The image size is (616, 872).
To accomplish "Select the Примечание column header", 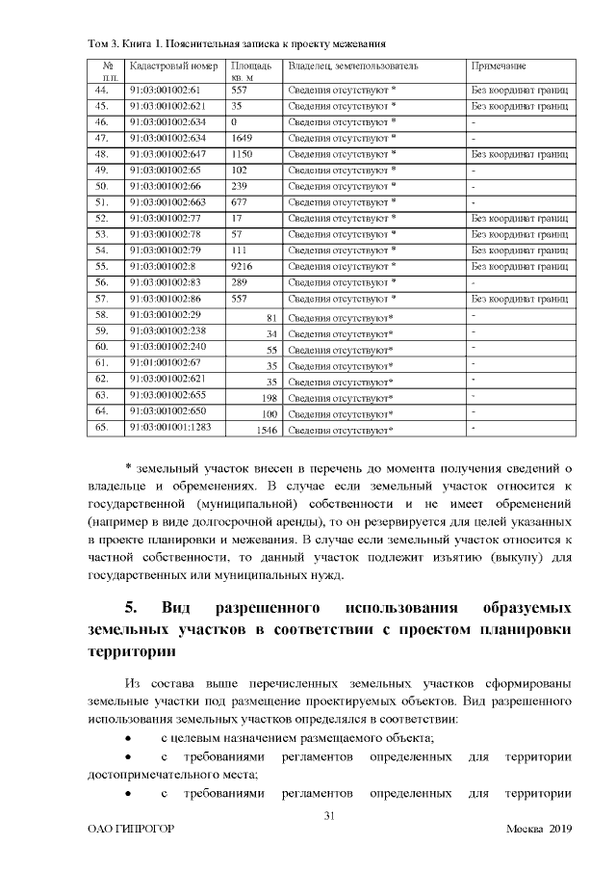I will pos(498,66).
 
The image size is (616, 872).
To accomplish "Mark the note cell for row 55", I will pos(519,264).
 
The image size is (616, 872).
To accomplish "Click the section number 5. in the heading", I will pos(134,609).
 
